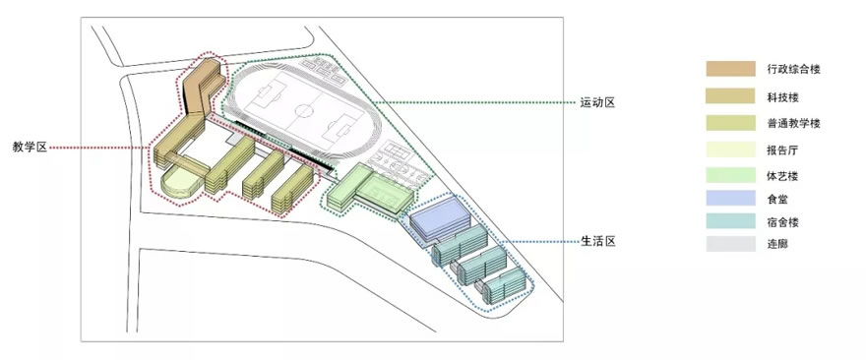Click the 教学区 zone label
coord(30,148)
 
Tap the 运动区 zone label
coord(596,102)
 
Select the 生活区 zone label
coord(596,242)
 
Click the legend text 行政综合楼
coord(793,69)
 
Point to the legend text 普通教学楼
coord(793,123)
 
